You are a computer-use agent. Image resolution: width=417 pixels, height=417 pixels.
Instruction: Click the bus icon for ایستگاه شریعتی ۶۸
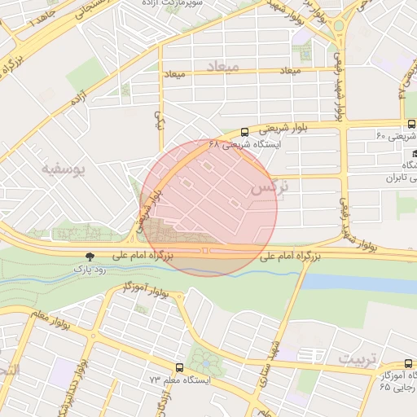tap(245, 132)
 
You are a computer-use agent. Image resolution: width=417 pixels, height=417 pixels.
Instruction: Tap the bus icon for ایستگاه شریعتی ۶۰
tap(410, 125)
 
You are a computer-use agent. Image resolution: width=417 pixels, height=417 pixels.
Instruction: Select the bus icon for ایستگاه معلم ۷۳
tap(180, 368)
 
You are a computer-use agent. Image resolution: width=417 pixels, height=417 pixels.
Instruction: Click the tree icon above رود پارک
tap(90, 256)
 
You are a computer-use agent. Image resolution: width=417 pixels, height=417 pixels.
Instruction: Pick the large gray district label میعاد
tap(222, 66)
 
